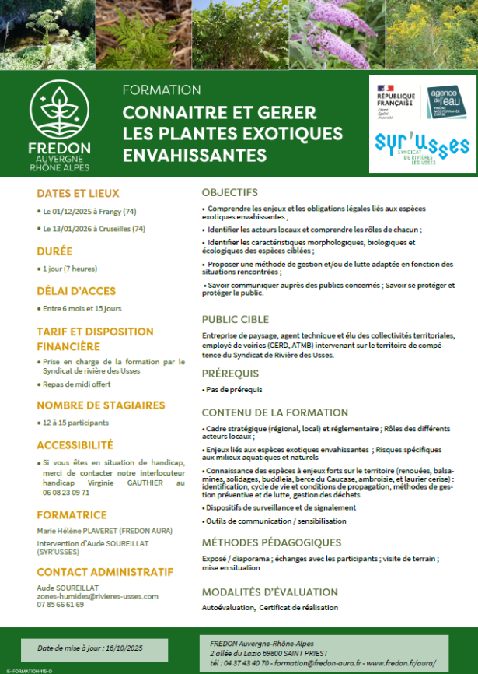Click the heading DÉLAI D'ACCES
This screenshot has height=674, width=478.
point(76,291)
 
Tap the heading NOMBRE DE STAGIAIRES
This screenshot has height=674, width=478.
point(101,405)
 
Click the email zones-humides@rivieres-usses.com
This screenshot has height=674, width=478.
point(97,596)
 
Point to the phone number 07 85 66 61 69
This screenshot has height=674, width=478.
point(61,605)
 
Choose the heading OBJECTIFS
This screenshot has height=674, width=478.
point(229,192)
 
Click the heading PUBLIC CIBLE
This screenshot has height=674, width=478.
point(236,319)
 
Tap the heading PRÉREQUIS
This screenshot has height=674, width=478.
point(231,374)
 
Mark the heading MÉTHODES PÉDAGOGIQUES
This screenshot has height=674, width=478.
point(271,542)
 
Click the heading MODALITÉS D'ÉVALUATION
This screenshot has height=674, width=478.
point(270,592)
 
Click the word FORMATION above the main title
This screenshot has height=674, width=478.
point(162,90)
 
